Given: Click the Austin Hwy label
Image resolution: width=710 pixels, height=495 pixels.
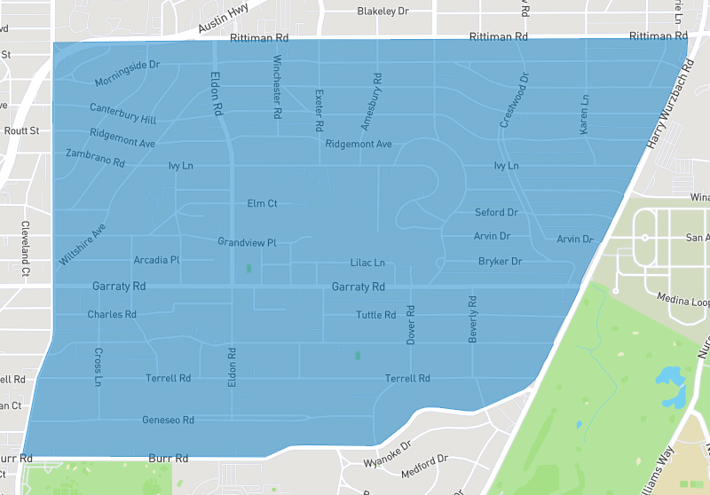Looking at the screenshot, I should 226,21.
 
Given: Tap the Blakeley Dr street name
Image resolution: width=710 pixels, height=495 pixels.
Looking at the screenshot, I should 383,12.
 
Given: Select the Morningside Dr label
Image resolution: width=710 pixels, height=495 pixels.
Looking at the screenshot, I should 127,75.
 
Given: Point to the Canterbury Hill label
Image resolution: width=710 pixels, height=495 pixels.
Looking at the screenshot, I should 122,113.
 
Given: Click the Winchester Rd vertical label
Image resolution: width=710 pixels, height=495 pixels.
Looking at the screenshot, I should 277,88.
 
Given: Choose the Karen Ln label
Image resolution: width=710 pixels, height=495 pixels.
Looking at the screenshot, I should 584,114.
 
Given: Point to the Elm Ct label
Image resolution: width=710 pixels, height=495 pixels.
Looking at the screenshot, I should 262,204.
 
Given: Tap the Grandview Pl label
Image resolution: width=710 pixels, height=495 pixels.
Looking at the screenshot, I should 248,242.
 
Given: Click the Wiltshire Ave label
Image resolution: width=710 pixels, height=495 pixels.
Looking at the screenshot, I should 83,245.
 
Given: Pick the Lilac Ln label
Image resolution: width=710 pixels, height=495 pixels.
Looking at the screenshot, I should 367,263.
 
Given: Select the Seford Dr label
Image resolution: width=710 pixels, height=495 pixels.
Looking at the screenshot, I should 496,213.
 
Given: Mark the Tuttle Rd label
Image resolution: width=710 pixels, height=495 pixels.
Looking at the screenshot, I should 375,316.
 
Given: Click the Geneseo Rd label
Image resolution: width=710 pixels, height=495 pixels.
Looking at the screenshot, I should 168,420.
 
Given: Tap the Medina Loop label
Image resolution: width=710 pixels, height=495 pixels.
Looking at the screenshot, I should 685,302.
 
